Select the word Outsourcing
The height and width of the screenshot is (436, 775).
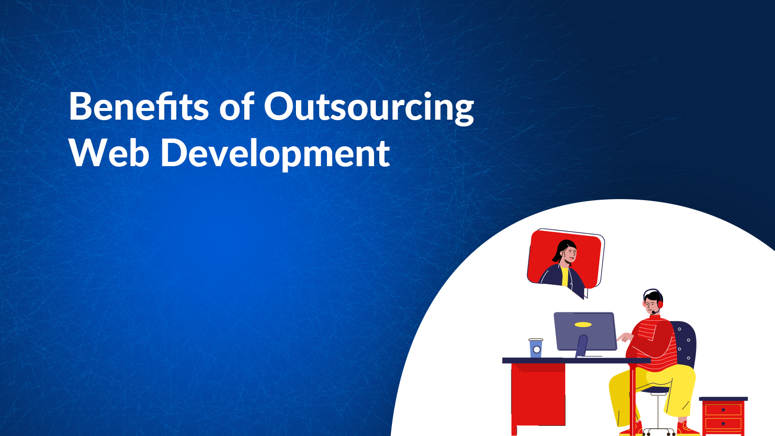click(x=369, y=108)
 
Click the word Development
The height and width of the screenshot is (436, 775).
click(x=276, y=154)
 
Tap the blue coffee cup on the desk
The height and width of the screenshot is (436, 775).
click(x=536, y=348)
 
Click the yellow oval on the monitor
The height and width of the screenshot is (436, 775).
click(x=583, y=325)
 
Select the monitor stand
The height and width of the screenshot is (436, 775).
click(x=582, y=346)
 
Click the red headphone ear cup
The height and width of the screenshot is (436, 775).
click(x=660, y=305)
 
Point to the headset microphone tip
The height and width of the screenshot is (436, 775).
click(x=653, y=313)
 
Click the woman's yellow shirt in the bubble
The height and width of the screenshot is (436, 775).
click(x=565, y=276)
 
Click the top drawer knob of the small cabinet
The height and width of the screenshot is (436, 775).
click(x=723, y=410)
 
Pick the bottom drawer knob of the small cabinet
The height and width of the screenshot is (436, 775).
click(x=723, y=423)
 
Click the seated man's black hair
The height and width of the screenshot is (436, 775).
click(x=653, y=296)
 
